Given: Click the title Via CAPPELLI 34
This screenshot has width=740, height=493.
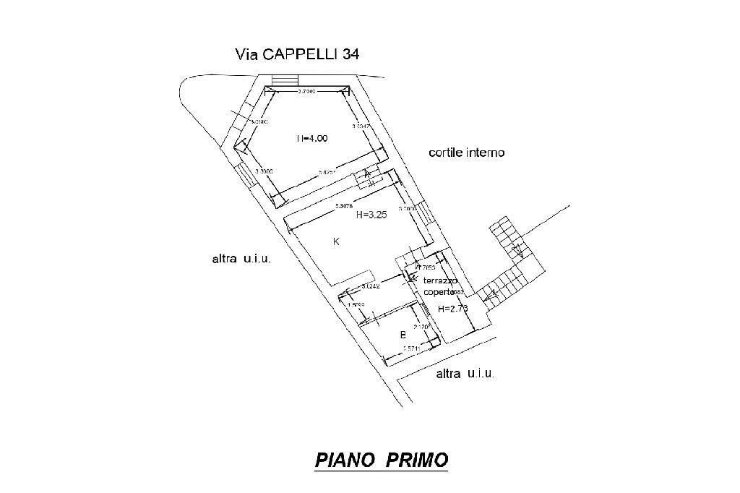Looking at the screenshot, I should click(x=297, y=54).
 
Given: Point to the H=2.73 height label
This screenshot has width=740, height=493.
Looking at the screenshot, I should click(x=453, y=309).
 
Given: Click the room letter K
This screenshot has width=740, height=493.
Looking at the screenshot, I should click(x=336, y=242).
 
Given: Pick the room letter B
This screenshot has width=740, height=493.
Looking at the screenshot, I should click(x=403, y=335).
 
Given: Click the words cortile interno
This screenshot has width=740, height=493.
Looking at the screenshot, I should click(x=466, y=153).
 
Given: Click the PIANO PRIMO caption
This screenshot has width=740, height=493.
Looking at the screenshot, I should click(x=381, y=460).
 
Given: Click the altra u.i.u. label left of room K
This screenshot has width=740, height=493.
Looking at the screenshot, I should click(x=241, y=259).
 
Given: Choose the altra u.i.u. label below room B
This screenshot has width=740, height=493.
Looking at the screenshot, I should click(x=465, y=374).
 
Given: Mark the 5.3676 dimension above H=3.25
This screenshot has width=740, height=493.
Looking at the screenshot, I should click(x=344, y=208).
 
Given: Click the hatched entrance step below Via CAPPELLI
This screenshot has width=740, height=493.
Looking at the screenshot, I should click(x=285, y=80).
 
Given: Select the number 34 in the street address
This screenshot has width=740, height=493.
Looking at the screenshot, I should click(x=350, y=54).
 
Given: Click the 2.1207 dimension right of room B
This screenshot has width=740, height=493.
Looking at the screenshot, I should click(x=422, y=327).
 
